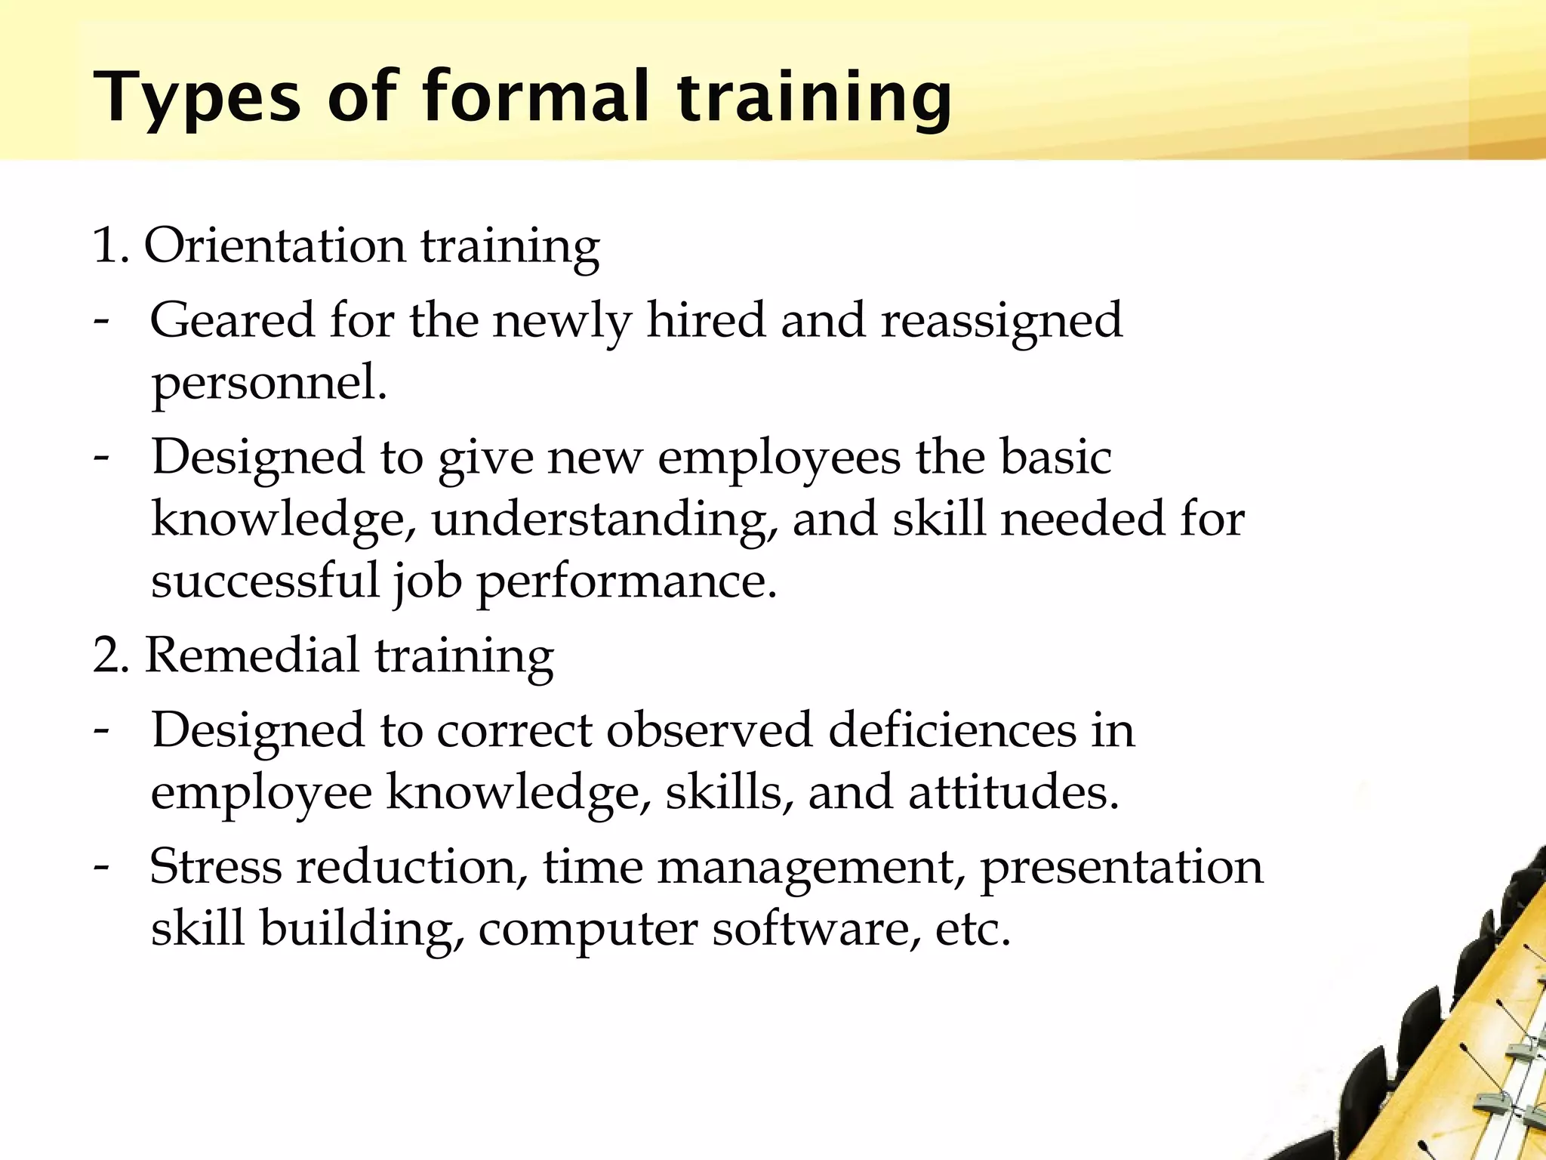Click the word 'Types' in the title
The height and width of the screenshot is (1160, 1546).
point(196,98)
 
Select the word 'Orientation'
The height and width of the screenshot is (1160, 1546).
point(275,246)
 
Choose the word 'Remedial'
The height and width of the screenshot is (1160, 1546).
point(252,655)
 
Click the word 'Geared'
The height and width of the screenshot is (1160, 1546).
point(231,321)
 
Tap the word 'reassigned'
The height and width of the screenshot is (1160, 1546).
point(1002,321)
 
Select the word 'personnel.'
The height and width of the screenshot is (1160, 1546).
point(269,383)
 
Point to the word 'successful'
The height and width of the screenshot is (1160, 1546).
point(265,581)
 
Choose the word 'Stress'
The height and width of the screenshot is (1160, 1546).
point(216,867)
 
